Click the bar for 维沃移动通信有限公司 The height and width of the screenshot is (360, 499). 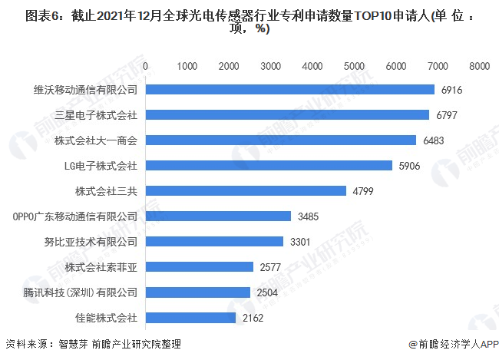click(290, 90)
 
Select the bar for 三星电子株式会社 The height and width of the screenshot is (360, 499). click(287, 115)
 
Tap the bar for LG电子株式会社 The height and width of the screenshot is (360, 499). click(269, 166)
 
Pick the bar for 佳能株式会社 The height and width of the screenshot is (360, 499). click(190, 317)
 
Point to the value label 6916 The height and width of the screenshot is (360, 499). click(452, 90)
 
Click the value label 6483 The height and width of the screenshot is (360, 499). click(433, 140)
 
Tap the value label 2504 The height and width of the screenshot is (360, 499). click(267, 292)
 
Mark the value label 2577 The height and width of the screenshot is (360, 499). click(270, 267)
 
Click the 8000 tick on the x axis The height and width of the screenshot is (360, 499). click(479, 67)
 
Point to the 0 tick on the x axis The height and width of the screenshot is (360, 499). click(146, 67)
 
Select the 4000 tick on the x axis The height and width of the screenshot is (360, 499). click(312, 67)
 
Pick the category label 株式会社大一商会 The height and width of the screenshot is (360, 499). click(96, 140)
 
